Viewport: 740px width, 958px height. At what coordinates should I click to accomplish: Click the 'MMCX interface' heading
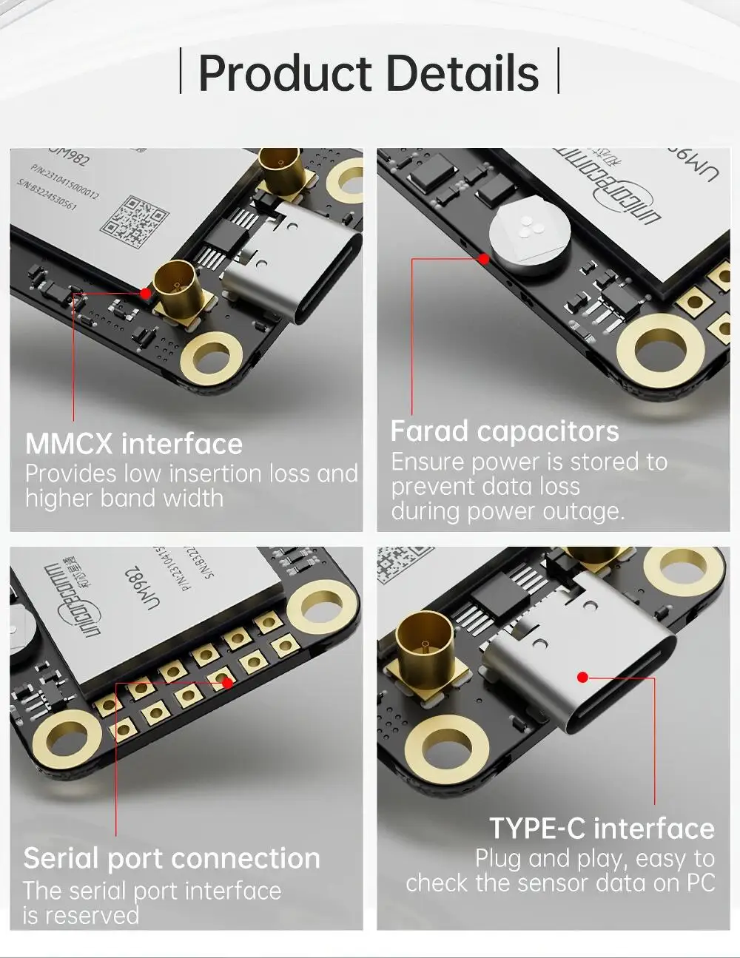[134, 444]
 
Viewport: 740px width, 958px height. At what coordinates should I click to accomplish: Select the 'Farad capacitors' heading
[504, 431]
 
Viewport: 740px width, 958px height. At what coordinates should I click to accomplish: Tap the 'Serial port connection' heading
[172, 858]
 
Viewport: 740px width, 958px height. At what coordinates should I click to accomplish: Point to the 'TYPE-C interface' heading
[602, 828]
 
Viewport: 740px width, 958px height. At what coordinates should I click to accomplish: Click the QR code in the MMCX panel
[129, 221]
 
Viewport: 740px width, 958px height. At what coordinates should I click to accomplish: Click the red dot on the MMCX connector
[146, 293]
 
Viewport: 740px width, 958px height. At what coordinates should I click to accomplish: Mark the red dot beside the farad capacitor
[483, 259]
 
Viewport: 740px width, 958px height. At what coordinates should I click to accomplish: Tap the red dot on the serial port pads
[228, 683]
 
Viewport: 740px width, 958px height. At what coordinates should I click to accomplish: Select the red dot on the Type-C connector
[583, 677]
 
